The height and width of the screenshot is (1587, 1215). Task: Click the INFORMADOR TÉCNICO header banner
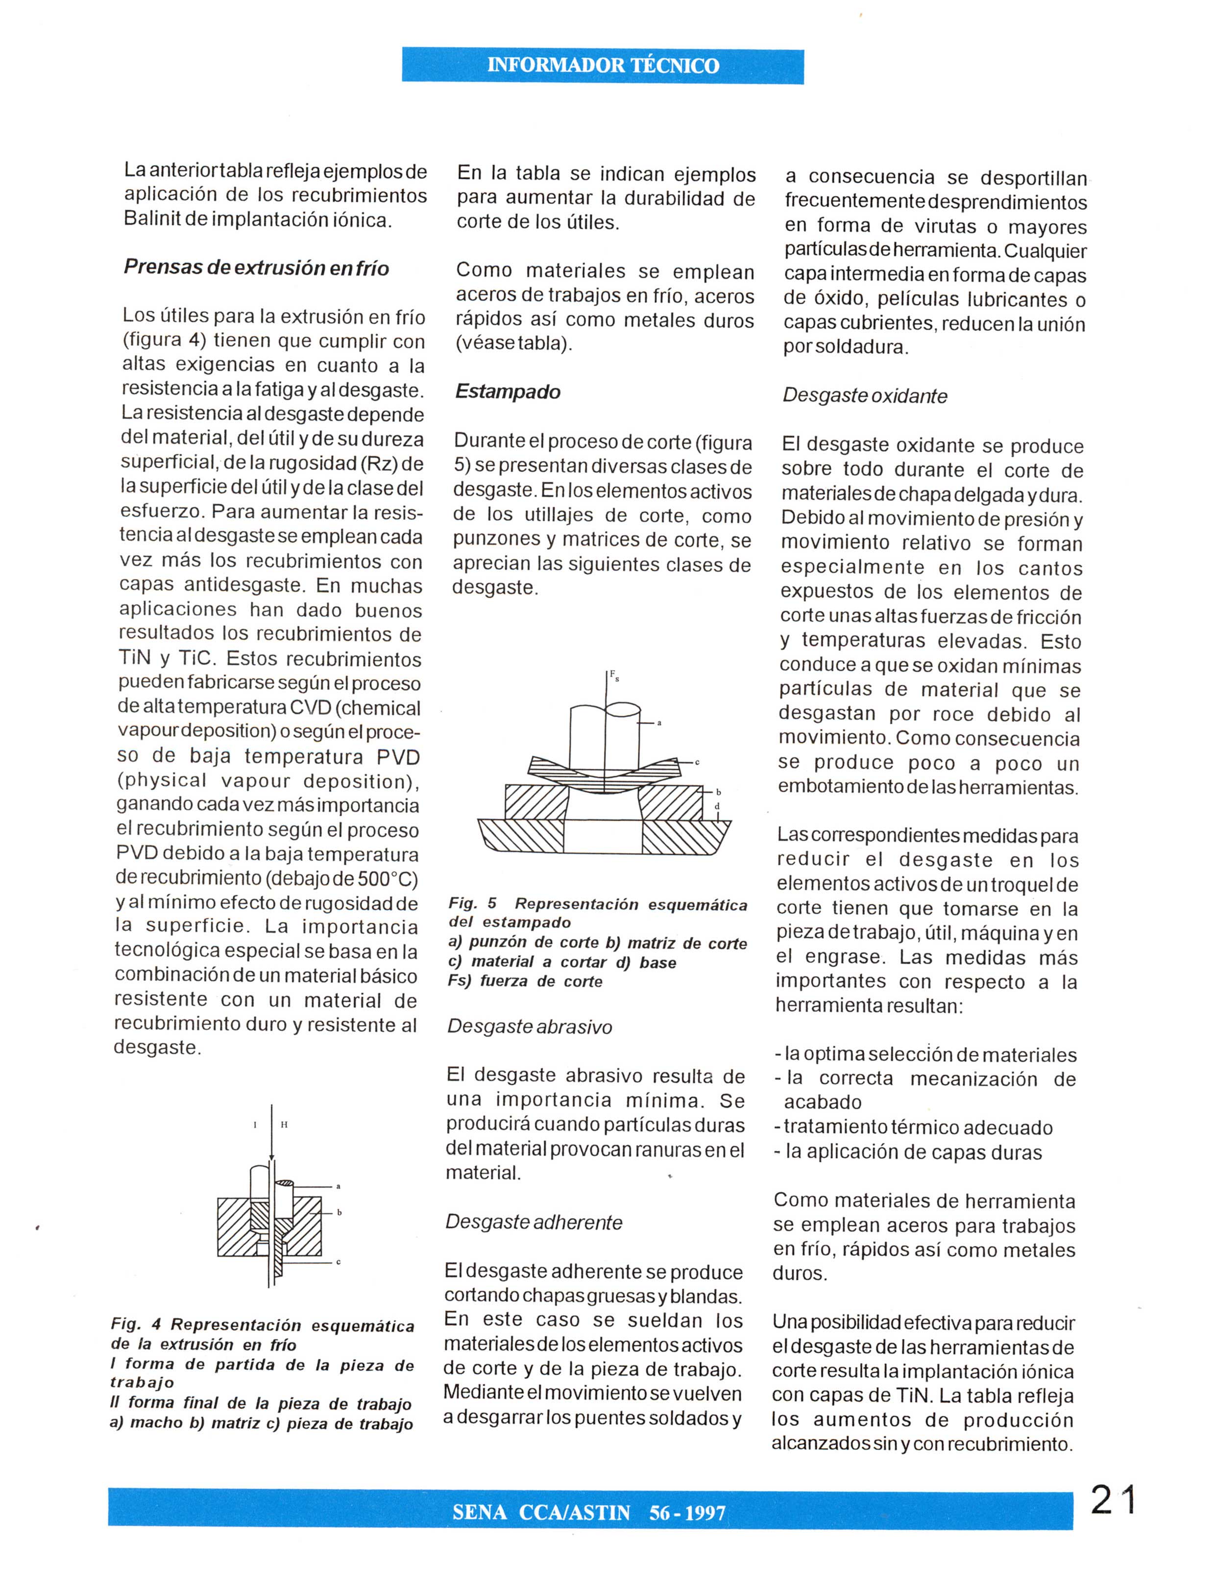pos(603,66)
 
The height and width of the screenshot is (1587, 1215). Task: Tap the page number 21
pos(1113,1499)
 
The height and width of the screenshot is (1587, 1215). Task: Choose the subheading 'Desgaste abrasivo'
pos(530,1027)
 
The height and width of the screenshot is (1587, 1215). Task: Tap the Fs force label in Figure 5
pos(614,676)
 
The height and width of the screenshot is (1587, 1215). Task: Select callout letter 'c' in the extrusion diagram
pos(339,1262)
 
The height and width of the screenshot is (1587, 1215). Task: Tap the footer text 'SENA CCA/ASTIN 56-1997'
pos(589,1513)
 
